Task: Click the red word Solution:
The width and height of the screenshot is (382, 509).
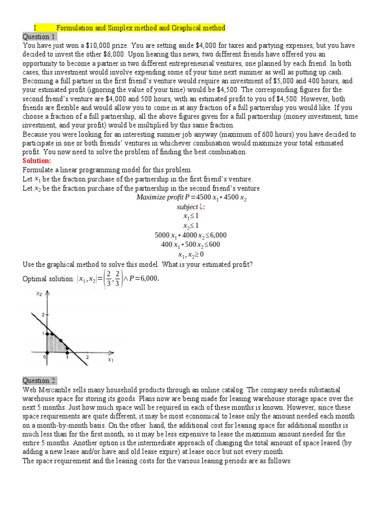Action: point(37,161)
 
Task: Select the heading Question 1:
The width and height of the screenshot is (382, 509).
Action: point(40,37)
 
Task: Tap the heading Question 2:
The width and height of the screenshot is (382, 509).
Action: point(40,380)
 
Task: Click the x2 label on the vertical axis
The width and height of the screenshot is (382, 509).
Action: point(39,294)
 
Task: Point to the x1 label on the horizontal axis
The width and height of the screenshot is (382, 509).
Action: point(110,360)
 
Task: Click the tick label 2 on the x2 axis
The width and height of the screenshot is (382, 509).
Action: point(43,315)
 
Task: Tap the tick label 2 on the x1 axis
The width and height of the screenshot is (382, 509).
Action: point(88,357)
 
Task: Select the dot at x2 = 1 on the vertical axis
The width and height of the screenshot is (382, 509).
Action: point(47,333)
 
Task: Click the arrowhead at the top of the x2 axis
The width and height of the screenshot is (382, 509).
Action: point(47,293)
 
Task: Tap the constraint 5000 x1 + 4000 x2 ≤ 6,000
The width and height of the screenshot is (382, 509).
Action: point(191,235)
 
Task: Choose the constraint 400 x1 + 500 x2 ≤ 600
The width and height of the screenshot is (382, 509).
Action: point(191,244)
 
